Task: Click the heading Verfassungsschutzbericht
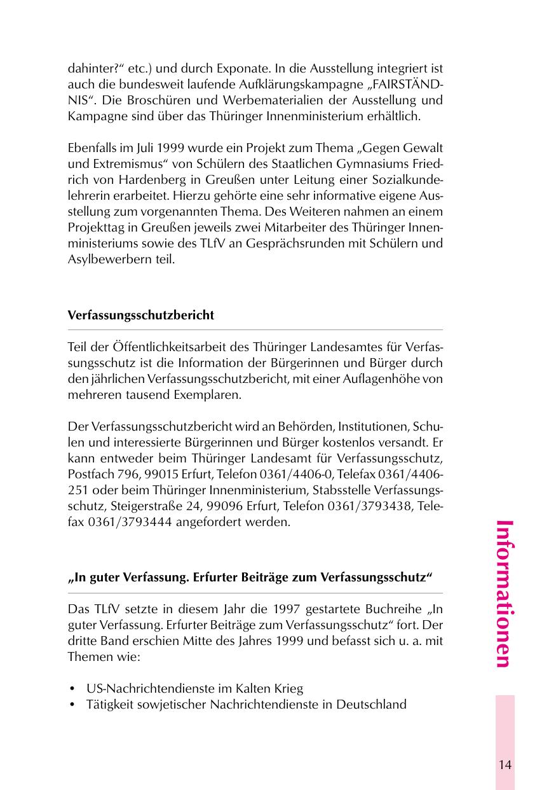click(140, 315)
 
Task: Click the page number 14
click(505, 765)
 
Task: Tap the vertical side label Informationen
click(503, 593)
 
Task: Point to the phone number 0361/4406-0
click(301, 475)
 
